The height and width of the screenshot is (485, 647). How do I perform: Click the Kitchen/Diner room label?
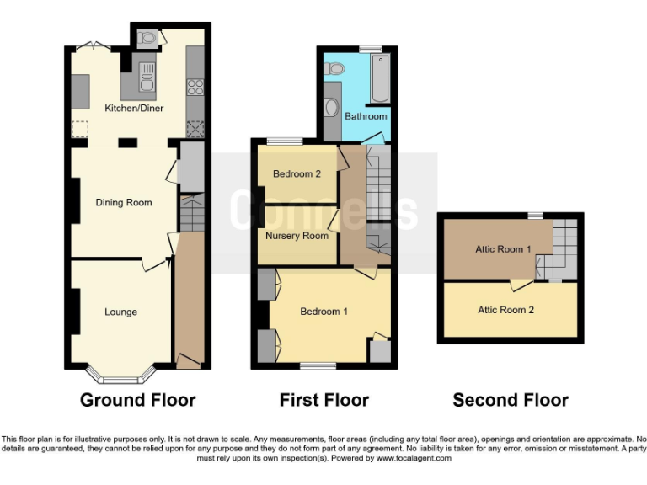[134, 109]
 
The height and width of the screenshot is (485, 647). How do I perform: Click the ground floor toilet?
[149, 36]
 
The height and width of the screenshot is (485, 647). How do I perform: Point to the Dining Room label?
[123, 203]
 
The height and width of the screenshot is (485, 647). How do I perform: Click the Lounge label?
[120, 312]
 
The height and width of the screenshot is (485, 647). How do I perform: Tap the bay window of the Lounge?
[120, 371]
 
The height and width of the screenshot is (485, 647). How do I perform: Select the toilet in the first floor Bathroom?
[334, 67]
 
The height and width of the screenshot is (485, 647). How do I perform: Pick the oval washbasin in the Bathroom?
[331, 108]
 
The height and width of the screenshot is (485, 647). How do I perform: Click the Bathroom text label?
[366, 116]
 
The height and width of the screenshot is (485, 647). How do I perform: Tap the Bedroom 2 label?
[297, 174]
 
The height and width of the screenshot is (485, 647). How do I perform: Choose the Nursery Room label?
[297, 236]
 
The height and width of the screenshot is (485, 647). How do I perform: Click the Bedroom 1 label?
[324, 312]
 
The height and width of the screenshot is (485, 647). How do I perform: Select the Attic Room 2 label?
[505, 310]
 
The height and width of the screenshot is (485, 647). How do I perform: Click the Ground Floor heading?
[137, 401]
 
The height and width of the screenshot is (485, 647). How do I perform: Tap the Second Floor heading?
[511, 401]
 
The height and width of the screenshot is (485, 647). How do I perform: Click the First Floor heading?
[324, 401]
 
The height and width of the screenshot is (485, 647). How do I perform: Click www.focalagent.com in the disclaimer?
[414, 459]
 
